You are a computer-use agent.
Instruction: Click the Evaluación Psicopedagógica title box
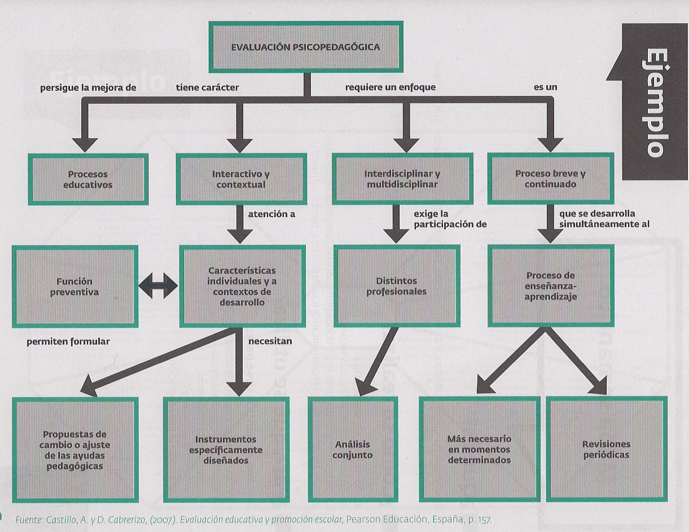click(x=305, y=47)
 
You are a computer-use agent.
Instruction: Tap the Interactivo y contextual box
click(x=241, y=179)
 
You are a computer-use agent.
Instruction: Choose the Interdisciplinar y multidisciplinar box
click(x=402, y=179)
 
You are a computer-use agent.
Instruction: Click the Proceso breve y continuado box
click(x=550, y=179)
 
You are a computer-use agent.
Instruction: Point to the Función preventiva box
click(x=75, y=287)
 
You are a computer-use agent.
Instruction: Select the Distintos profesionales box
click(x=396, y=286)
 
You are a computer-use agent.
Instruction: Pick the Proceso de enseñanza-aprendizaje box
click(x=550, y=286)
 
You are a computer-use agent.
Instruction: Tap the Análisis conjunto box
click(x=353, y=450)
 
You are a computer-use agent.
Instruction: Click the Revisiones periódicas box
click(x=606, y=450)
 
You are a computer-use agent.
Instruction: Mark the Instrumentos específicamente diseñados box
click(x=226, y=450)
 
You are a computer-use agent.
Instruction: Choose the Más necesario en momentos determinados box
click(x=479, y=450)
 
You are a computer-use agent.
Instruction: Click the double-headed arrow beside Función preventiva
click(x=159, y=287)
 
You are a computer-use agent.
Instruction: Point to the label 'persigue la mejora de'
click(x=88, y=87)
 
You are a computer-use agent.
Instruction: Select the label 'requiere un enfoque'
click(x=390, y=87)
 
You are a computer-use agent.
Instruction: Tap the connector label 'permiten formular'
click(x=68, y=341)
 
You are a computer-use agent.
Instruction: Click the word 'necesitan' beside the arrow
click(x=270, y=341)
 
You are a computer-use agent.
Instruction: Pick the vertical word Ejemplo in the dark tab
click(x=654, y=102)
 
